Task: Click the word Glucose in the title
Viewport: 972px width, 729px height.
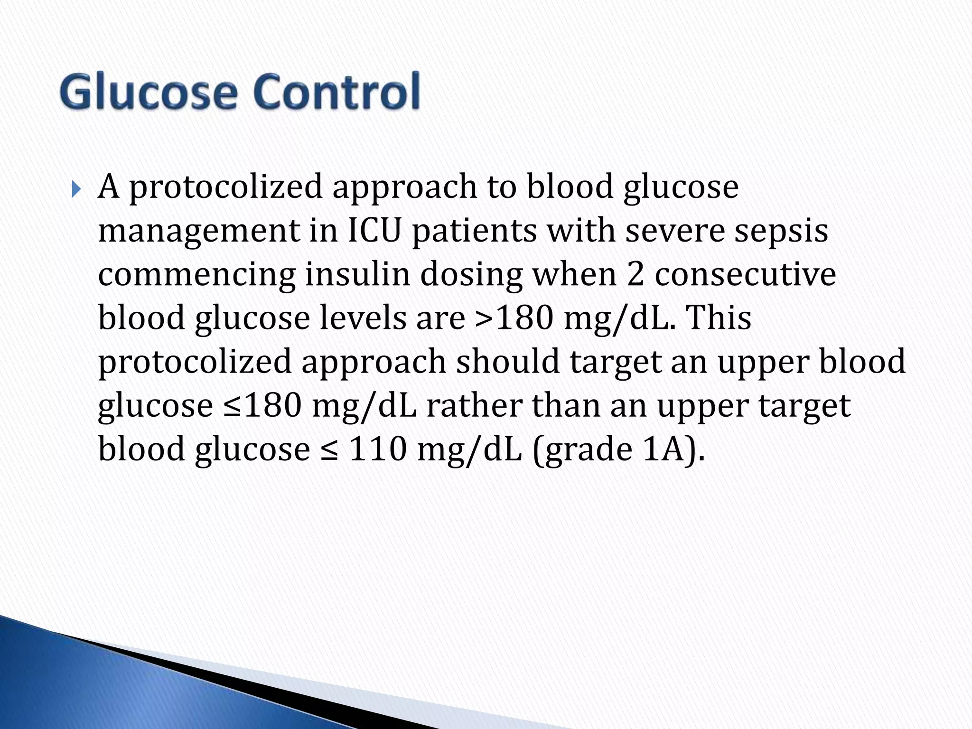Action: coord(148,93)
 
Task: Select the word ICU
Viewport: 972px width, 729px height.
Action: coord(375,231)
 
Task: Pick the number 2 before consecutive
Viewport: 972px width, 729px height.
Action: coord(636,274)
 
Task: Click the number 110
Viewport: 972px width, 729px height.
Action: coord(378,449)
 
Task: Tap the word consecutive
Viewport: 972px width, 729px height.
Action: coord(745,274)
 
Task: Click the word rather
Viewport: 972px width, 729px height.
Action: coord(475,406)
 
